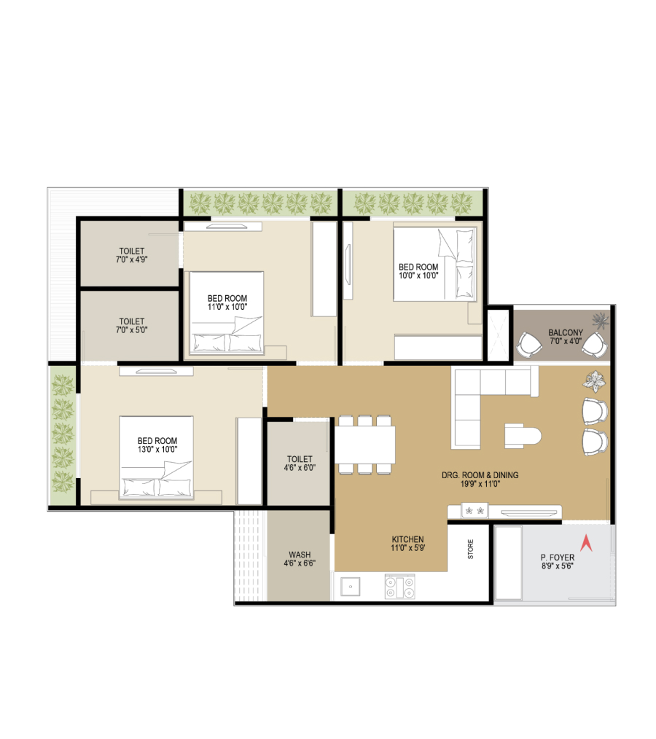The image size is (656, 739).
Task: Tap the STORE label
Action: [470, 549]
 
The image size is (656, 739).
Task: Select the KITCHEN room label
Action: [407, 539]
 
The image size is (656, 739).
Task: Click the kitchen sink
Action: [350, 586]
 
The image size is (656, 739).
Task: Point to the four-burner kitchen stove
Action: [399, 586]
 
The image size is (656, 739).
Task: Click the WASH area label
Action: [300, 555]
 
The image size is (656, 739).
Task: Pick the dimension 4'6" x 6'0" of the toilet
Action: [300, 468]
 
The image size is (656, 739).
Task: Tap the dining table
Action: [364, 445]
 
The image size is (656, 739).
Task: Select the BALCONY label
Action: [566, 332]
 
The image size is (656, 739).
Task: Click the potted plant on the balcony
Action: [601, 321]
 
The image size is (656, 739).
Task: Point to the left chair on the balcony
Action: [529, 345]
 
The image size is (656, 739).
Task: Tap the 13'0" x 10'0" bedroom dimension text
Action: [157, 449]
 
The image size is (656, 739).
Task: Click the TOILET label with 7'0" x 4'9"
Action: [131, 251]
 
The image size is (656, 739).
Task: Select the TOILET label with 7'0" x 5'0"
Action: [131, 321]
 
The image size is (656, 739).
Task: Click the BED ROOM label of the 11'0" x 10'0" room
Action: [227, 298]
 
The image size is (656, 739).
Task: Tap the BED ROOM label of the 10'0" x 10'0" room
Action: [418, 267]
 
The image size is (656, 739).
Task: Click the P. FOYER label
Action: [558, 558]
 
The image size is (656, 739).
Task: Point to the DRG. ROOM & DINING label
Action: [480, 475]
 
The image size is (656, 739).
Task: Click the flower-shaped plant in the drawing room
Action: [595, 381]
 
